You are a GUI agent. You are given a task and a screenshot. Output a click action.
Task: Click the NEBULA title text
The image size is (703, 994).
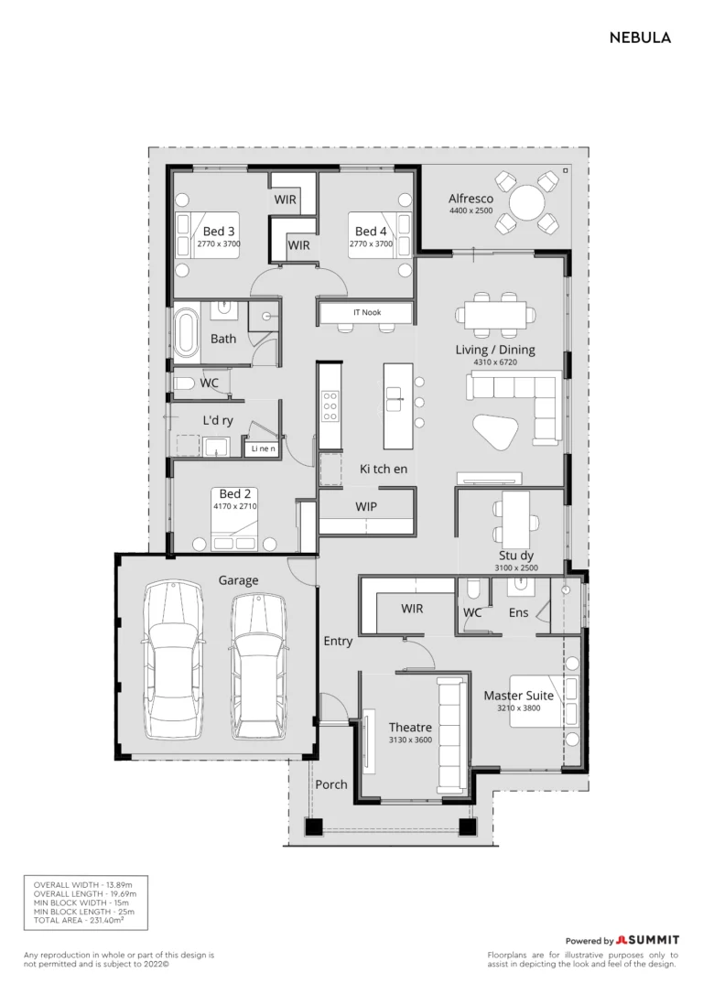[640, 38]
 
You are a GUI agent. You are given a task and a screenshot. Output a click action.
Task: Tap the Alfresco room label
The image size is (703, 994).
[470, 199]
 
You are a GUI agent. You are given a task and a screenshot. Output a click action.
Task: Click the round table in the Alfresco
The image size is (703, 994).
[527, 203]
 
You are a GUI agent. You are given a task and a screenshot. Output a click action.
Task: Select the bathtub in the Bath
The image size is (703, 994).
[186, 331]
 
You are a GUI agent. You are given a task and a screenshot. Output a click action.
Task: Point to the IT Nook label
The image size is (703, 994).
[368, 312]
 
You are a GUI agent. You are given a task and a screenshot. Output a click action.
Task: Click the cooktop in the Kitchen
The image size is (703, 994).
[330, 406]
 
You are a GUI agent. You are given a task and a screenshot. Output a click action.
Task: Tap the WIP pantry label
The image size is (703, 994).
[366, 506]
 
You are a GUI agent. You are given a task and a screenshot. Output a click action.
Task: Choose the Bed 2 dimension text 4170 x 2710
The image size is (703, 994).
[235, 506]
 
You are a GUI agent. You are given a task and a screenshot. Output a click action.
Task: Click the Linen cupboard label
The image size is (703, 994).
[263, 448]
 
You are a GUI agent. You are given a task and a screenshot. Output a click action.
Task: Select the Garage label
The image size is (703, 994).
[238, 580]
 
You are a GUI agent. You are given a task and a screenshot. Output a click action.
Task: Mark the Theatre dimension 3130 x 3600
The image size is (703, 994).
[410, 740]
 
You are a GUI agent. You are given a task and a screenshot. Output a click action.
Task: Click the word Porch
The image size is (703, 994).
[331, 784]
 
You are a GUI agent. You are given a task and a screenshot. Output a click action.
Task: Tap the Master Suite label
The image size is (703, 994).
[518, 696]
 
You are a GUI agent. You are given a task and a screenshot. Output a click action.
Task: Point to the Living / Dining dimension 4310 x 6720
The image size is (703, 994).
[495, 362]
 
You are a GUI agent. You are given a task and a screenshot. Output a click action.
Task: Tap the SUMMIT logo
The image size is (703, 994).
[647, 940]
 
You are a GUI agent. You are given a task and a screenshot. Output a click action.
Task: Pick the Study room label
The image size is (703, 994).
[516, 556]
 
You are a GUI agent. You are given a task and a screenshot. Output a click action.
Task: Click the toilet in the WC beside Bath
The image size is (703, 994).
[185, 384]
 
